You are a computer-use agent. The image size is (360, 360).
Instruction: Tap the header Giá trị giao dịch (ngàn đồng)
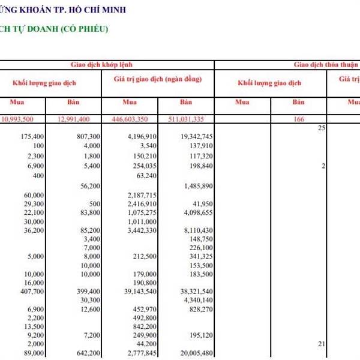coord(157,79)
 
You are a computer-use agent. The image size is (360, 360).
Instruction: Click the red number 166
coord(299,119)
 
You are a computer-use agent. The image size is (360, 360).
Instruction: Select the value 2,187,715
coord(142,196)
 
